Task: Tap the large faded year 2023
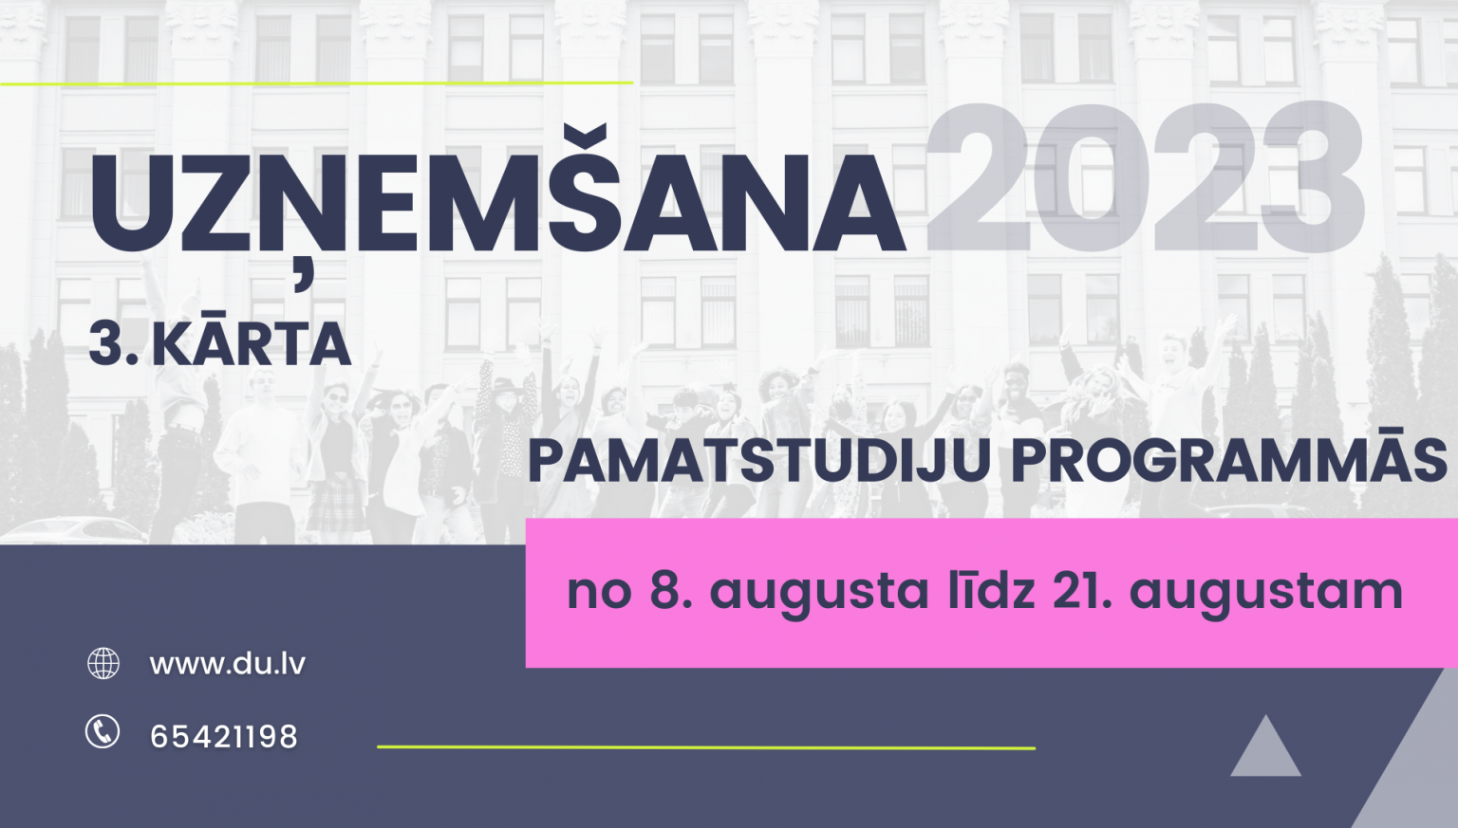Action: coord(1145,177)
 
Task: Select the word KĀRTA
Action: coord(252,342)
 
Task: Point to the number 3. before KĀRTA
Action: coord(114,345)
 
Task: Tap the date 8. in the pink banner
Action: coord(670,591)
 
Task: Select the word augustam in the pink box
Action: coord(1266,595)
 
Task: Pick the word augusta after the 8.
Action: coord(819,595)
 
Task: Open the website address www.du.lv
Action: coord(227,664)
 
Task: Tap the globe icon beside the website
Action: coord(103,664)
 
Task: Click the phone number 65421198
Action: coord(224,737)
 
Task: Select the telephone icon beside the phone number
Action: coord(103,731)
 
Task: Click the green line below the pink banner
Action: coord(706,747)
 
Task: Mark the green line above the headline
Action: coord(316,83)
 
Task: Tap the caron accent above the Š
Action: coord(585,138)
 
